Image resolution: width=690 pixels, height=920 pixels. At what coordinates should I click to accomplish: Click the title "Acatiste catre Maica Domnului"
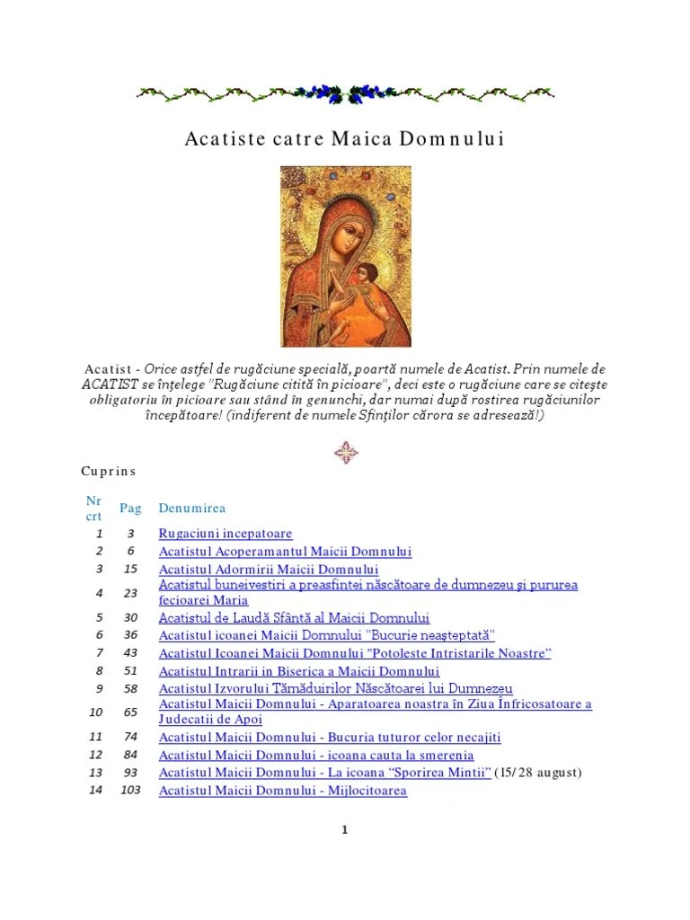coord(345,139)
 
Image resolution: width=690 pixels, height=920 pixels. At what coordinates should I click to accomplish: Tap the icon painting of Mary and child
coord(345,256)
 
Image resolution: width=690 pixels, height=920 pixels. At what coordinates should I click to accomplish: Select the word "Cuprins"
coord(108,471)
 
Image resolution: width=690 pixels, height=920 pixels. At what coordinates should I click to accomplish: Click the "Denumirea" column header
coord(192,509)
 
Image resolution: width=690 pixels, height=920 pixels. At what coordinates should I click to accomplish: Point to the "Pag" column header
coord(130,509)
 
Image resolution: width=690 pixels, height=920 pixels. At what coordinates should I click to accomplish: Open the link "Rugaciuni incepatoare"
coord(226,534)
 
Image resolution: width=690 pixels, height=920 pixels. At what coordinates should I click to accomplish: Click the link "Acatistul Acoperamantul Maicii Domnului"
coord(285,552)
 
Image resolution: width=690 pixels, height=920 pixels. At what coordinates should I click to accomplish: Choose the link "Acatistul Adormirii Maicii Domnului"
coord(269,570)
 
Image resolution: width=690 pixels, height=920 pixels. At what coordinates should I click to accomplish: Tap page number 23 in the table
coord(130,593)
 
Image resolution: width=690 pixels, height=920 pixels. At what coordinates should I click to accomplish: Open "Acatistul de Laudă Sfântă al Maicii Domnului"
coord(294,618)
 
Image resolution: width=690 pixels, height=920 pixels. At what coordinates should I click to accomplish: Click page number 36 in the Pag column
coord(130,635)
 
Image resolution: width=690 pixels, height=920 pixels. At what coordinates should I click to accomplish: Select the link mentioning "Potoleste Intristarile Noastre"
coord(355,653)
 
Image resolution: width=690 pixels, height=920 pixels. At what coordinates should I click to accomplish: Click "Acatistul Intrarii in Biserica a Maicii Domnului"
coord(299,671)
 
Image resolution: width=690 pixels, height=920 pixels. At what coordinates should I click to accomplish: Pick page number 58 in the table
coord(130,689)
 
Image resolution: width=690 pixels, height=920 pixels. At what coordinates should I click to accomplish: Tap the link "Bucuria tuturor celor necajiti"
coord(330,738)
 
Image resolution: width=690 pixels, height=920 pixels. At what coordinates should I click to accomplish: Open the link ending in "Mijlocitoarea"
coord(282,791)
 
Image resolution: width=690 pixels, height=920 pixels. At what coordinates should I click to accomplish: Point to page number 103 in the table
coord(131,791)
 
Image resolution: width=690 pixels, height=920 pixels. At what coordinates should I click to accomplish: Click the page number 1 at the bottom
coord(344,830)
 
